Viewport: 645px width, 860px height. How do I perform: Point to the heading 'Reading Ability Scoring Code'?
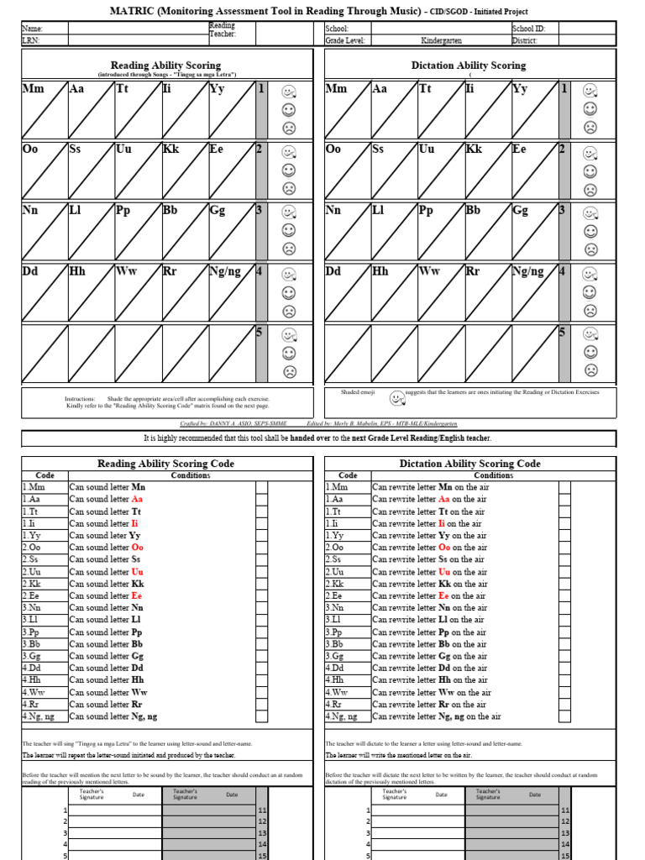[166, 464]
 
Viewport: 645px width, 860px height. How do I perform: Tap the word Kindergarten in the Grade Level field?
[441, 39]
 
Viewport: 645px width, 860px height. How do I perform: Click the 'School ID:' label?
[528, 29]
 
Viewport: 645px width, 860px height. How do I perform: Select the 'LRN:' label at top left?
[30, 39]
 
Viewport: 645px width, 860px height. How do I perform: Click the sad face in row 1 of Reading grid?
[289, 128]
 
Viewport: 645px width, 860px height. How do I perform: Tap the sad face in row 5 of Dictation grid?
[590, 370]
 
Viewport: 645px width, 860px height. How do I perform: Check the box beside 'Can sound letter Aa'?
[262, 499]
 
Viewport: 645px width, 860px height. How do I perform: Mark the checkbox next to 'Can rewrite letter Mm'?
[564, 487]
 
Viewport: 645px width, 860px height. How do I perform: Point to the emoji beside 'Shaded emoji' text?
[396, 397]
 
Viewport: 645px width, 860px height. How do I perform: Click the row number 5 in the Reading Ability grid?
[260, 333]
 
